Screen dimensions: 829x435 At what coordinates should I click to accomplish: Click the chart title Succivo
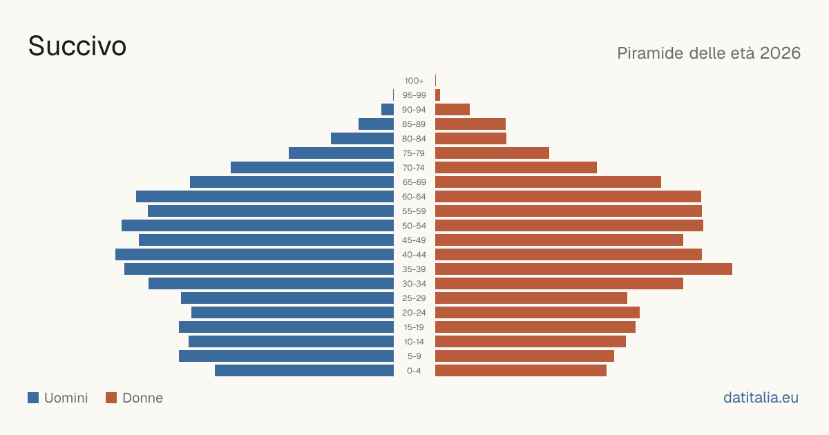(x=77, y=46)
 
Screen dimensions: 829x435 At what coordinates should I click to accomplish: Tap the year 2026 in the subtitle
(x=780, y=53)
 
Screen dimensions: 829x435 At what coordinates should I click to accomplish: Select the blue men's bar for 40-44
(x=255, y=255)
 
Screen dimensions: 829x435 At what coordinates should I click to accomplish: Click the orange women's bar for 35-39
(x=584, y=269)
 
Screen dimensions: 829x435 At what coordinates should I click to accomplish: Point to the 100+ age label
(x=414, y=81)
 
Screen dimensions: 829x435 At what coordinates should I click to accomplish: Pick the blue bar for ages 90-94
(x=388, y=110)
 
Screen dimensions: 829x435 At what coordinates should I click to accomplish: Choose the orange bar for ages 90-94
(x=452, y=110)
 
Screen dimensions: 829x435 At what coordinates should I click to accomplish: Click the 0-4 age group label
(x=414, y=371)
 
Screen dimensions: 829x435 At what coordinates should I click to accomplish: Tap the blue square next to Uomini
(x=33, y=398)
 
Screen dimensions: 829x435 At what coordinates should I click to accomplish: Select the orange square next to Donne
(x=111, y=398)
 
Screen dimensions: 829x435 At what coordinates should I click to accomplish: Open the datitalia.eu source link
(x=761, y=398)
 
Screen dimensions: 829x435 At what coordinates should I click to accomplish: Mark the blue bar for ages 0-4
(x=304, y=371)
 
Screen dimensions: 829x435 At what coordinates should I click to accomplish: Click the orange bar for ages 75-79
(x=492, y=153)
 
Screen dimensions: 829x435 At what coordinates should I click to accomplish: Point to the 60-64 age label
(x=414, y=197)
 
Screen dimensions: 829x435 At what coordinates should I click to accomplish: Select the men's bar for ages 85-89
(x=376, y=124)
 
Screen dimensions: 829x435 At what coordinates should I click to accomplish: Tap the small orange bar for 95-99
(x=437, y=95)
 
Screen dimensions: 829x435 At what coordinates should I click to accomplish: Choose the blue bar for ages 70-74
(x=312, y=168)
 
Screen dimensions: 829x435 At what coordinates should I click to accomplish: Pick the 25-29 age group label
(x=414, y=298)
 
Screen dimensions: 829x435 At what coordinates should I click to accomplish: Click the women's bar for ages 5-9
(x=524, y=356)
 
